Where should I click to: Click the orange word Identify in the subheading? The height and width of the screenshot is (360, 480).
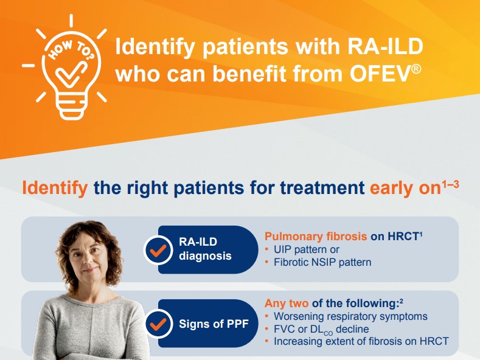(x=55, y=187)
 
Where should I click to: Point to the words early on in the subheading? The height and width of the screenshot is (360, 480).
(x=404, y=187)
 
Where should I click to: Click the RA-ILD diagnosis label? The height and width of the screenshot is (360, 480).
(x=205, y=249)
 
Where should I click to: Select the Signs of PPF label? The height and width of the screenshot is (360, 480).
(x=214, y=324)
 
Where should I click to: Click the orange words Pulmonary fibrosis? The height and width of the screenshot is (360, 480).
(x=315, y=237)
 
